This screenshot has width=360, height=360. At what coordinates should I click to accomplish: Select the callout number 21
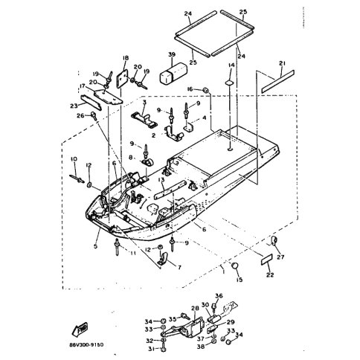pos(282,63)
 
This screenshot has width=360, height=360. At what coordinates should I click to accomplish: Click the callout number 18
pos(125,58)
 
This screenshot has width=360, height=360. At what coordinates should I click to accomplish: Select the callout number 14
pos(231,66)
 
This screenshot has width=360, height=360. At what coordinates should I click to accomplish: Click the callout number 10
pos(74,159)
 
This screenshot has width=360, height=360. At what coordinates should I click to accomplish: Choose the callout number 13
pos(161,179)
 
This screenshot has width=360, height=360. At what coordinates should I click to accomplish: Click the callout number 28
pos(195,307)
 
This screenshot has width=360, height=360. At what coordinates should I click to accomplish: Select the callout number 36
pos(219,296)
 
